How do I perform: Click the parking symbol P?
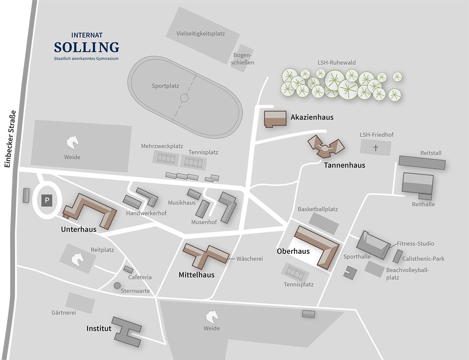tap(47, 201)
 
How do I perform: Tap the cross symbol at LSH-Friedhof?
tap(376, 148)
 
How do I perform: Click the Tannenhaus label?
tap(344, 165)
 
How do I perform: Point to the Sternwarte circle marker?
tap(117, 285)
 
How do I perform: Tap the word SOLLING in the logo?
tap(86, 47)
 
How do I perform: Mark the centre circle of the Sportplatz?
tap(184, 98)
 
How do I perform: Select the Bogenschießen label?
tap(243, 59)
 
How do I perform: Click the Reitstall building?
tap(422, 162)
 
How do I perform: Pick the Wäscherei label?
tap(249, 258)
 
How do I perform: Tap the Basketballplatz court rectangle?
tap(324, 223)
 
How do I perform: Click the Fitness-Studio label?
tap(415, 244)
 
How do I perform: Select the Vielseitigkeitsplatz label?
tap(200, 34)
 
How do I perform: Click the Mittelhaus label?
tap(197, 275)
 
